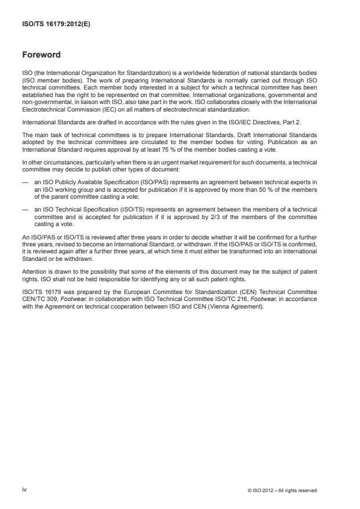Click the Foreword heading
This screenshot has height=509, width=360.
[x=42, y=55]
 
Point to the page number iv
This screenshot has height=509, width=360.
[x=24, y=490]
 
